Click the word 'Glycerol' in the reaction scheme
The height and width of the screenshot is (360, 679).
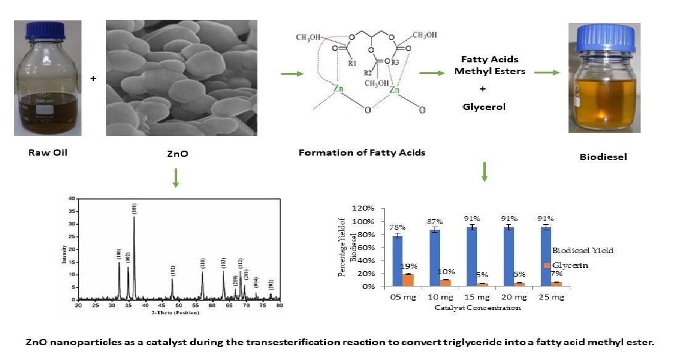(x=484, y=107)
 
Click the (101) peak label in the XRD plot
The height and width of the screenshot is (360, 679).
(x=135, y=208)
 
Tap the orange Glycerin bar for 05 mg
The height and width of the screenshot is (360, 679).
(x=407, y=280)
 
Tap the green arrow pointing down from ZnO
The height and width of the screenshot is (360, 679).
(x=176, y=178)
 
